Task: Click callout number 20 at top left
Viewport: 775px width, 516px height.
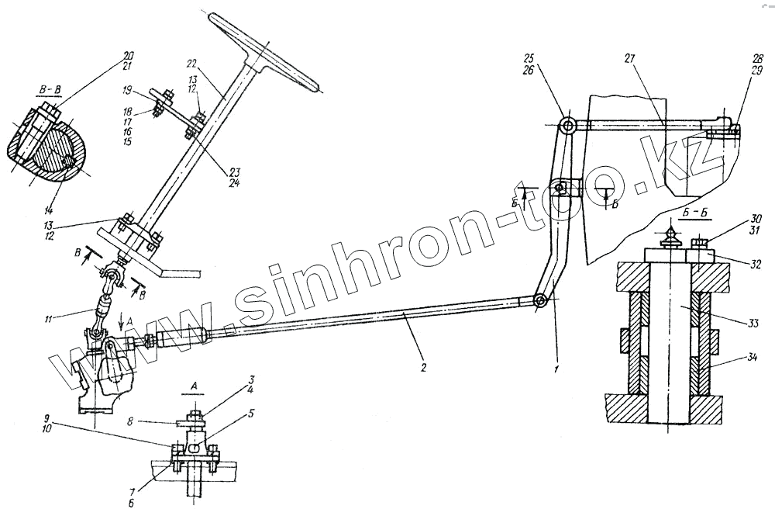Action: coord(128,55)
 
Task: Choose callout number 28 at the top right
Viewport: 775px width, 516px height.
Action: coord(735,60)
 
